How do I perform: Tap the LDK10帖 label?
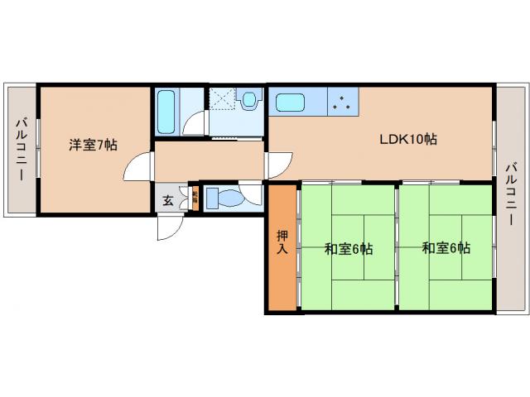point(408,140)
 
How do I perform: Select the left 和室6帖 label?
point(348,248)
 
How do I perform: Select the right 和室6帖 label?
point(446,247)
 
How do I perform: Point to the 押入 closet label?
point(282,242)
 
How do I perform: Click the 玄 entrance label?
point(167,199)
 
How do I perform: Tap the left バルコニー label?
point(19,146)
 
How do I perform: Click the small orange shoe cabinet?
point(195,198)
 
